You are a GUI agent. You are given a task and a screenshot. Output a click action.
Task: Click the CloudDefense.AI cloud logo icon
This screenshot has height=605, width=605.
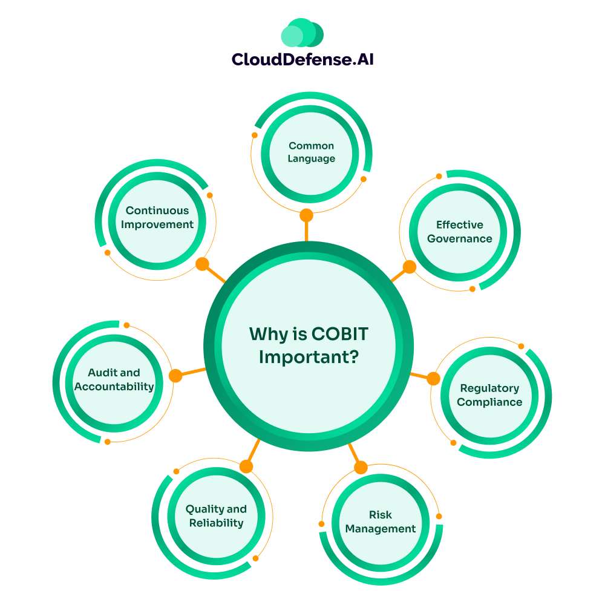(x=302, y=33)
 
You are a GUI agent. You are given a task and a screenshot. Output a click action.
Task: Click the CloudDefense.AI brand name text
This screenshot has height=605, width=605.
(x=302, y=59)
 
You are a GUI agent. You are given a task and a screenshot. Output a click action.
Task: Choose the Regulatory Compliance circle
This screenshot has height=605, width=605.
(x=489, y=395)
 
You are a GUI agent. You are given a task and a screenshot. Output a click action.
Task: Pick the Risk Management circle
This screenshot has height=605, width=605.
(x=381, y=522)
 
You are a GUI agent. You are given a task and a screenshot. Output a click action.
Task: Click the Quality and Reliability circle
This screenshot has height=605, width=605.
(x=216, y=516)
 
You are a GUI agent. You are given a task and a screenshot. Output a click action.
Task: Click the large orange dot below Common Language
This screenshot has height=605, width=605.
(x=307, y=215)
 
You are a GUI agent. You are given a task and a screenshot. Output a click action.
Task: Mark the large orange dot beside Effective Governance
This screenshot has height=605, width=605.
(x=410, y=267)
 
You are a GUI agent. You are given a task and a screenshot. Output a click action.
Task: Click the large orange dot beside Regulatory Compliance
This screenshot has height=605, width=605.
(x=433, y=379)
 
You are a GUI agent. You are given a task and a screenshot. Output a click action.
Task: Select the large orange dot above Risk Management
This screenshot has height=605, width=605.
(x=361, y=467)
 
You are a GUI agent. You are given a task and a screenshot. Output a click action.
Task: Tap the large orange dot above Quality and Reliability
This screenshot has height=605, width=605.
(x=246, y=466)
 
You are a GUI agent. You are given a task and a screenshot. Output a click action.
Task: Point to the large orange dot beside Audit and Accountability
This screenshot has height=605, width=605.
(x=175, y=376)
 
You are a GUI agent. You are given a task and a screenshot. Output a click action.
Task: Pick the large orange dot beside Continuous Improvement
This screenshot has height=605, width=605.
(x=203, y=264)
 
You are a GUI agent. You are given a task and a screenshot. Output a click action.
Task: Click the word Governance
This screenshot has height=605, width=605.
(x=460, y=239)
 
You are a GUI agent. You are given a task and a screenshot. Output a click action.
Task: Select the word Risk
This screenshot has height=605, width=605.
(x=381, y=515)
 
